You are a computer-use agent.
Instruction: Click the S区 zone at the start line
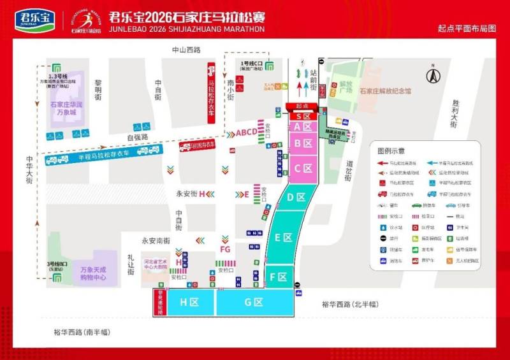(x=303, y=116)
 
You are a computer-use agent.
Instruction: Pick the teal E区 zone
(x=283, y=237)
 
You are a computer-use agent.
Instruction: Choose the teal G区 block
(x=254, y=302)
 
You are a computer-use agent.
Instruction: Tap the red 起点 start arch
(x=303, y=106)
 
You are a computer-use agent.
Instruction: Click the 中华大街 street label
(x=29, y=171)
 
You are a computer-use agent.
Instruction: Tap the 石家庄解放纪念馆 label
(x=384, y=91)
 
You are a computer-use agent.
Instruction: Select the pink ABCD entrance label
(x=247, y=133)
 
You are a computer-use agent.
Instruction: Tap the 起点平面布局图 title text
(x=466, y=29)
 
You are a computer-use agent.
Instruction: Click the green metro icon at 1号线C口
(x=270, y=64)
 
